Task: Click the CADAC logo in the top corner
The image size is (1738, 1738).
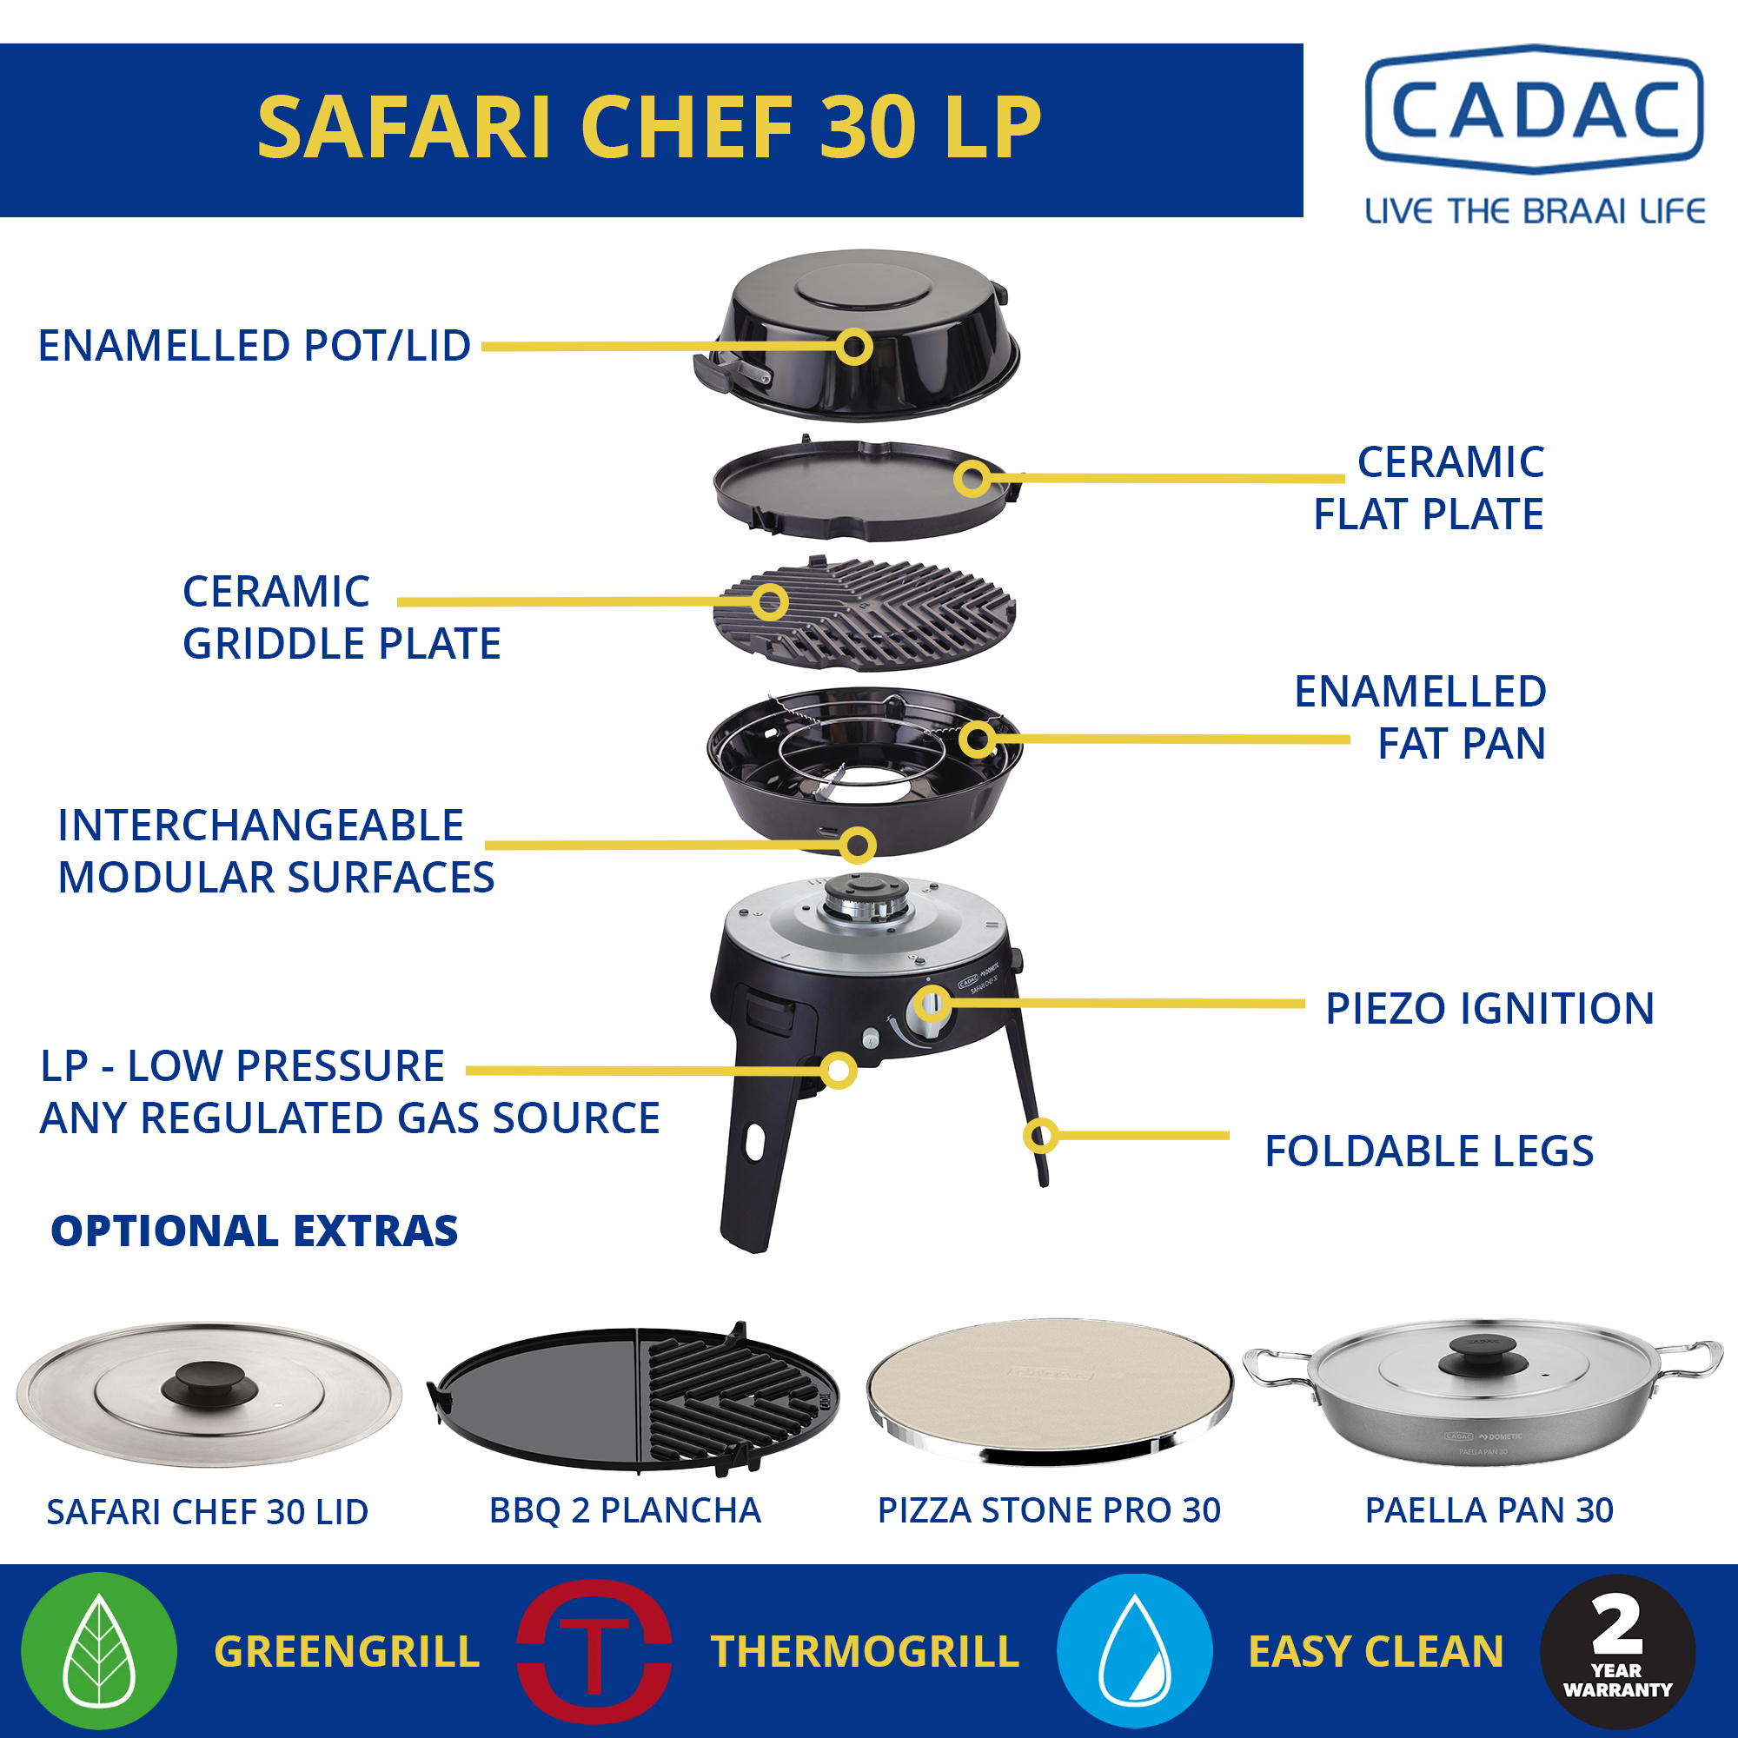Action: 1534,109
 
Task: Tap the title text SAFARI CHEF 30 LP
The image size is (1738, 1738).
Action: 648,128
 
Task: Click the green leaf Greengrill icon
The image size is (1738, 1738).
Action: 99,1651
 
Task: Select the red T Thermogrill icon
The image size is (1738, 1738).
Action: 594,1651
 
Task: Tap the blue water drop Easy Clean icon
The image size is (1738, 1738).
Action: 1134,1651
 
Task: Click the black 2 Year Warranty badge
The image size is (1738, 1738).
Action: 1616,1651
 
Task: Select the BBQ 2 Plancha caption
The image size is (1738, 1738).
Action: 625,1510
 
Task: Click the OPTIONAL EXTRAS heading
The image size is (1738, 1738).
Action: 255,1231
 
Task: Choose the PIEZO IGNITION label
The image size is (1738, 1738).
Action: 1489,1008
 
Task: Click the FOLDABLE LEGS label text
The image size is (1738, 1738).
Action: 1429,1151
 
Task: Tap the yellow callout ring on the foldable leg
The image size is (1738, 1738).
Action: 1041,1135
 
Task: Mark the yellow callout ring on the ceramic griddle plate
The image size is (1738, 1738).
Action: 770,602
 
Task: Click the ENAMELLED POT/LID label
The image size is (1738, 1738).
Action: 255,346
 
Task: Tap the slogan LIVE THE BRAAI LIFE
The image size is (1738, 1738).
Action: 1535,211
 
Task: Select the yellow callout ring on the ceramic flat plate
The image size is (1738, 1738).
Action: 972,479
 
